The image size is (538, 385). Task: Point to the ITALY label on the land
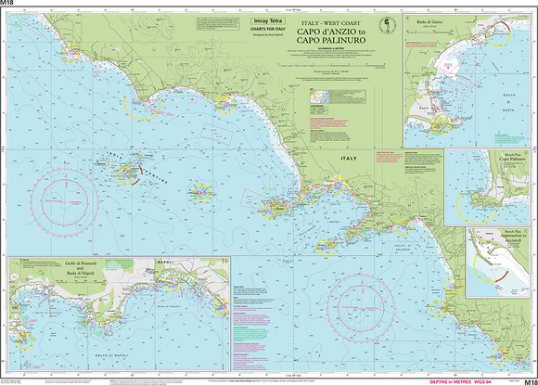pyautogui.click(x=349, y=160)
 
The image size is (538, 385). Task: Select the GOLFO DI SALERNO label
pyautogui.click(x=404, y=250)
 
